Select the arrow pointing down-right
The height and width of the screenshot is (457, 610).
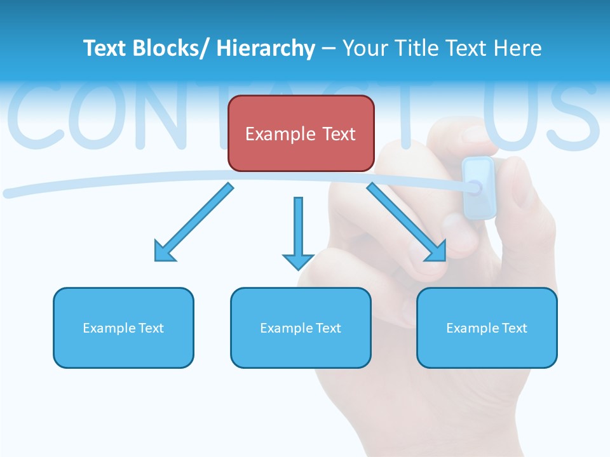(x=407, y=222)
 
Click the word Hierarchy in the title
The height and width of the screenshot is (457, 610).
(x=266, y=48)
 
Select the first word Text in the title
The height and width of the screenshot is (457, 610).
(x=104, y=48)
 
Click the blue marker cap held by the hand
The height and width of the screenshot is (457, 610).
(x=479, y=187)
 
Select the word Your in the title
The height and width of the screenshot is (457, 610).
(x=363, y=48)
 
